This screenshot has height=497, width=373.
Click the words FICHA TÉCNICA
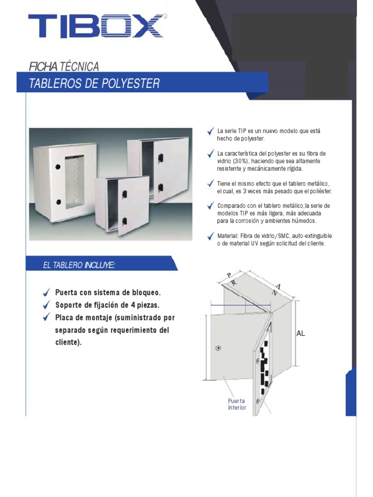coord(64,66)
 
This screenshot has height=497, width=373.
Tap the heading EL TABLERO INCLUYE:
coord(79,265)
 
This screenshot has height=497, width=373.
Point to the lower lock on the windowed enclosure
coord(58,201)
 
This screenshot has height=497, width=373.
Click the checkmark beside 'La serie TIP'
coord(210,131)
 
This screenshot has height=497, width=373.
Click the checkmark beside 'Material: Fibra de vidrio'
coord(210,236)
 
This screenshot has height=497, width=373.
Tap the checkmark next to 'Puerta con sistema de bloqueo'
coord(46,292)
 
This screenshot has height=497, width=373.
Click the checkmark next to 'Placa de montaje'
coord(46,317)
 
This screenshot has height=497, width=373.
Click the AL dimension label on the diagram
coord(301,333)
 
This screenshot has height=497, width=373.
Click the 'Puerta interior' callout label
coord(237,404)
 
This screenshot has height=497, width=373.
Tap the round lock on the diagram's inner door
coord(218,348)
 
